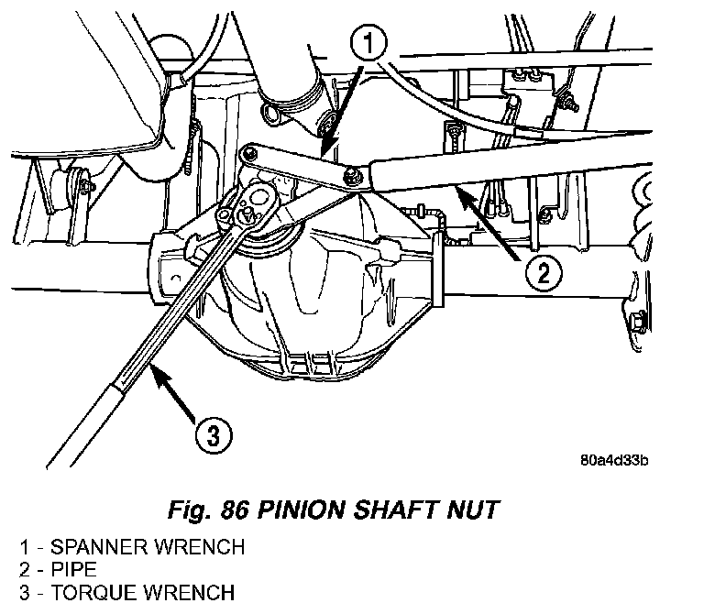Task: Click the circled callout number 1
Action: click(368, 44)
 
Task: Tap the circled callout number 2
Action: click(544, 272)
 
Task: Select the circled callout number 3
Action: click(214, 435)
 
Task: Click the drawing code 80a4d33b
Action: click(614, 461)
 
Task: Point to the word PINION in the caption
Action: click(302, 510)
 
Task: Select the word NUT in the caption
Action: click(473, 510)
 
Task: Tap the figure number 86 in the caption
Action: click(234, 510)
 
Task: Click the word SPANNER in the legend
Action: click(98, 547)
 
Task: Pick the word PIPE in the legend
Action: click(73, 569)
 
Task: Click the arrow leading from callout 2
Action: click(488, 223)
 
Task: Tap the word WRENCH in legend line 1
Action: click(199, 547)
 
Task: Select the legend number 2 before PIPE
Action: click(25, 569)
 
